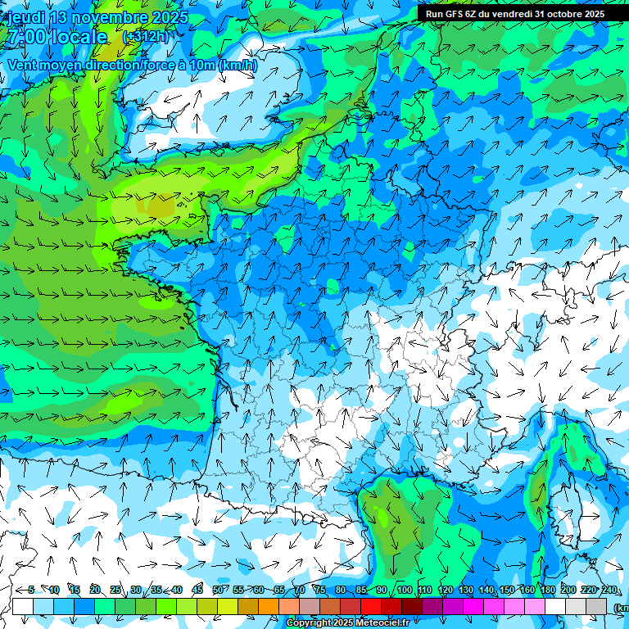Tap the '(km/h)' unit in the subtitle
click(x=237, y=66)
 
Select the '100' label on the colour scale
click(x=405, y=590)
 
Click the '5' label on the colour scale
click(x=31, y=590)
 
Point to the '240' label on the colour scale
click(x=609, y=590)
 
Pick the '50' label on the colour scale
click(x=217, y=590)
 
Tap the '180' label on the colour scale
click(x=548, y=590)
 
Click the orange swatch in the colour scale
click(x=269, y=607)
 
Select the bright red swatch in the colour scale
click(x=371, y=607)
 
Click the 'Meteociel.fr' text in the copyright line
click(x=378, y=623)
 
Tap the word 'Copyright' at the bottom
click(x=310, y=623)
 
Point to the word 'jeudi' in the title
click(x=26, y=17)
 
